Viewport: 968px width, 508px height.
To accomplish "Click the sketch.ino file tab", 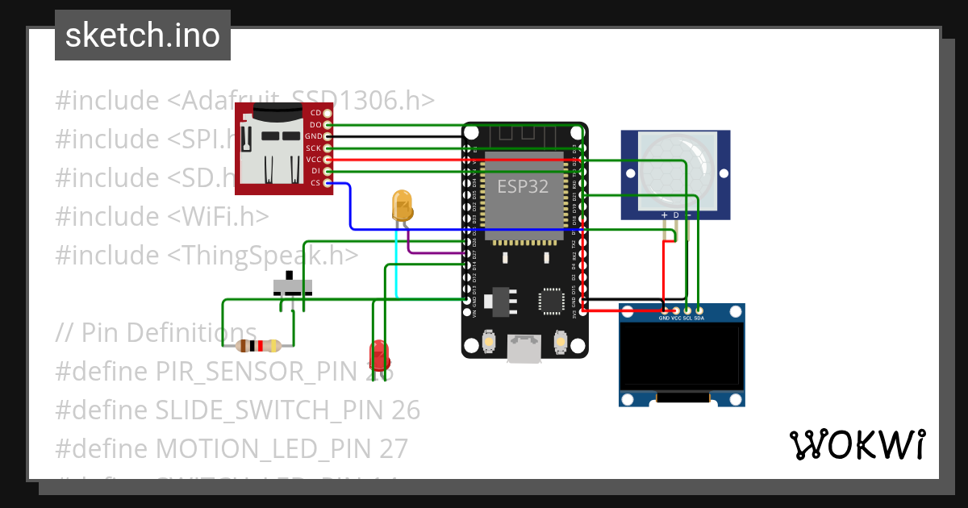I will click(142, 35).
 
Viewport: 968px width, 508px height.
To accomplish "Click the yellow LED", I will click(402, 206).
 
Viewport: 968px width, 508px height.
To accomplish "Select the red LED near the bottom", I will click(378, 355).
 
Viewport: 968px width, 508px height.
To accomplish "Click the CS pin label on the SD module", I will click(315, 183).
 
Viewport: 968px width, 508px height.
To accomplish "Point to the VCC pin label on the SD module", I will click(314, 160).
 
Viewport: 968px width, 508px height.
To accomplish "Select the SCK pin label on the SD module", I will click(314, 148).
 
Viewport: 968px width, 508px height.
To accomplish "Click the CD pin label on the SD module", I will click(315, 113).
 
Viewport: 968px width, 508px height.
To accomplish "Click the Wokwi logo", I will click(856, 445).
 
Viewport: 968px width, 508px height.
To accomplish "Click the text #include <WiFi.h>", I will click(162, 216).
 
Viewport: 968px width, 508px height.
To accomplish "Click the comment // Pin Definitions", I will click(156, 332).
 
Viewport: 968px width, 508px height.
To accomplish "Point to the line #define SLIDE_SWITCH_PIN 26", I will click(238, 410).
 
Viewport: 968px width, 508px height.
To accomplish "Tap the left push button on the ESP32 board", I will click(489, 345).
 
